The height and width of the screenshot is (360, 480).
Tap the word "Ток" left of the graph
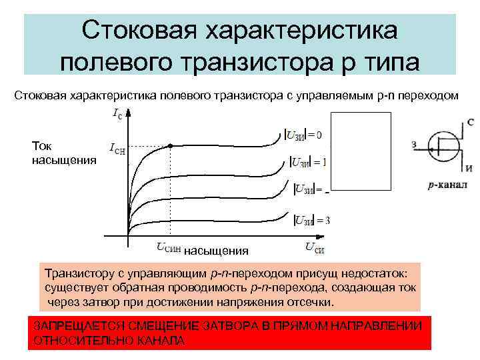point(43,146)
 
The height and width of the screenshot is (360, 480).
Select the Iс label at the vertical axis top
point(117,115)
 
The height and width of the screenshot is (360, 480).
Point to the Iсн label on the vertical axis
point(117,151)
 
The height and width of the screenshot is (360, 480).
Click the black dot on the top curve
point(170,145)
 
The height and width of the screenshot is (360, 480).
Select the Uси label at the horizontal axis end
point(314,248)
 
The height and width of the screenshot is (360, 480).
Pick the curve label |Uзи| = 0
point(303,135)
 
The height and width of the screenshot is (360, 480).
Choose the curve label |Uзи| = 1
point(309,162)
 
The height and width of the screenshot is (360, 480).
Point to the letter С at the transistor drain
point(471,122)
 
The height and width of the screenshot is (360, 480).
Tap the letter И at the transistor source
point(470,167)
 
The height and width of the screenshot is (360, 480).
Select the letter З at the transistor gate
point(414,143)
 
